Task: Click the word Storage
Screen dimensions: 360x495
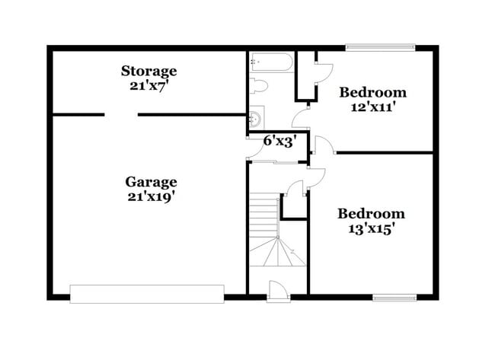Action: click(149, 71)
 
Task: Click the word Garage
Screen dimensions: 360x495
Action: click(152, 182)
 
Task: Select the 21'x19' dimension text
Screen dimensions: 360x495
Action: click(152, 196)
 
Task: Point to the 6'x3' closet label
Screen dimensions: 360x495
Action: click(279, 141)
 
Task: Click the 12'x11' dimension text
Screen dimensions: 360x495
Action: click(372, 107)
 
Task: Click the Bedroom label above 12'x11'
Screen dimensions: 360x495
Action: click(372, 92)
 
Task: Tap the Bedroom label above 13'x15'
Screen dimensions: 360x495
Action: click(371, 213)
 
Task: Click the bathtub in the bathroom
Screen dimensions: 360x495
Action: click(270, 62)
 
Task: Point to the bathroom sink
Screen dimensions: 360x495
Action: click(255, 118)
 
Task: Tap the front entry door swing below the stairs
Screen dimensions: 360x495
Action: click(278, 290)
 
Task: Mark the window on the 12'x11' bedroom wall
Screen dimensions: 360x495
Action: click(380, 47)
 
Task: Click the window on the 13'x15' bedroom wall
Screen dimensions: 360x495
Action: click(394, 297)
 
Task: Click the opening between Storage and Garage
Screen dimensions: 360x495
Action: click(121, 116)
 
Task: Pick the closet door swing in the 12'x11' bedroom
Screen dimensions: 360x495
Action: click(324, 69)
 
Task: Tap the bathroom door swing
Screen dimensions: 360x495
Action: click(302, 119)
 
